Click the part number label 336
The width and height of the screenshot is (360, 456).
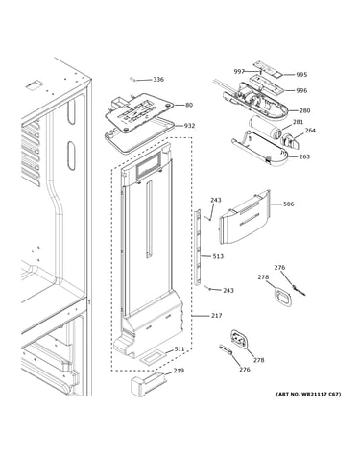pyautogui.click(x=158, y=79)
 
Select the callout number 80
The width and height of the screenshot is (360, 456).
pyautogui.click(x=189, y=105)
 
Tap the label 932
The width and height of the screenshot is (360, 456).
pyautogui.click(x=189, y=126)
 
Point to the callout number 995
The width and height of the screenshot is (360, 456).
pyautogui.click(x=301, y=75)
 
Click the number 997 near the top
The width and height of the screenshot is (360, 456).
pyautogui.click(x=239, y=72)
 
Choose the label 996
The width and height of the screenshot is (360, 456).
pyautogui.click(x=301, y=90)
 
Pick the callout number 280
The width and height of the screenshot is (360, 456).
pyautogui.click(x=304, y=110)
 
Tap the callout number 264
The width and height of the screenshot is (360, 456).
pyautogui.click(x=310, y=131)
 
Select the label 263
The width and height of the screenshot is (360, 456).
pyautogui.click(x=304, y=156)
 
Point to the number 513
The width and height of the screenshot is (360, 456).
pyautogui.click(x=218, y=256)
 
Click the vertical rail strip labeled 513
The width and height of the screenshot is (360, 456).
pyautogui.click(x=198, y=247)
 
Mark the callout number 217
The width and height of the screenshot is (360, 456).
pyautogui.click(x=216, y=315)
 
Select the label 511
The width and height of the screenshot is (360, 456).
pyautogui.click(x=180, y=348)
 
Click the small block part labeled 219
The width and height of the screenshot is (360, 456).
pyautogui.click(x=149, y=383)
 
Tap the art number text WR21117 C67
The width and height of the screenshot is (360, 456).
pyautogui.click(x=320, y=394)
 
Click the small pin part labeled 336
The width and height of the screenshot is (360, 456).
pyautogui.click(x=132, y=79)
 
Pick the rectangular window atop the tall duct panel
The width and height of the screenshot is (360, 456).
pyautogui.click(x=149, y=165)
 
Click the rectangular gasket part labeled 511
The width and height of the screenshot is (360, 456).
pyautogui.click(x=154, y=357)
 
